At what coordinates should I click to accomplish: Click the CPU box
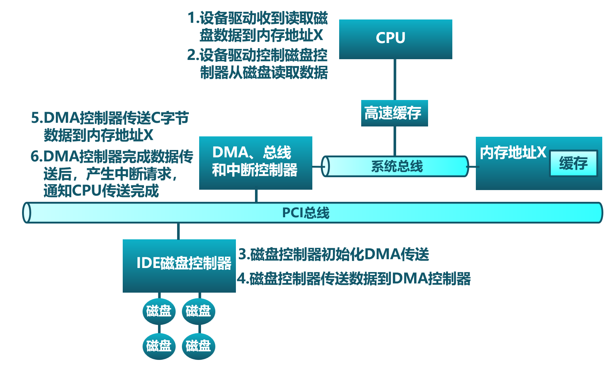tap(395, 39)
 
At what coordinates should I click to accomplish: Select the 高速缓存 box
tap(394, 113)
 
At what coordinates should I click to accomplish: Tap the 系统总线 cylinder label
tap(397, 167)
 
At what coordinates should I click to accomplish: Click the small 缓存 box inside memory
tap(573, 163)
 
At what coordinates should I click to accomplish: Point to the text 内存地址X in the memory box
tap(513, 153)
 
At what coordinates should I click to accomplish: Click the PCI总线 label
tap(305, 213)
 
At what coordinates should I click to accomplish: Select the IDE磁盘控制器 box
tap(179, 265)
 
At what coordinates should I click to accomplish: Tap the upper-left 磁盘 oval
tap(159, 311)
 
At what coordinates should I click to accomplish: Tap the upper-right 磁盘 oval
tap(198, 311)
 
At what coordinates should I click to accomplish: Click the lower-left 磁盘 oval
tap(159, 346)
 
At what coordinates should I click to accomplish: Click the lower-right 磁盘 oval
tap(198, 346)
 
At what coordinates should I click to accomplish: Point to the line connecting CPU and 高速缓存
tap(395, 79)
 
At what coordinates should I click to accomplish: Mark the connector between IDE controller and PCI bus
tap(179, 231)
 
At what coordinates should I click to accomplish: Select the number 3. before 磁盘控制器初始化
tap(243, 254)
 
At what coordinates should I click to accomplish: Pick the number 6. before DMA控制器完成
tap(36, 157)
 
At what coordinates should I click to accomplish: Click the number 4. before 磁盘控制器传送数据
tap(242, 278)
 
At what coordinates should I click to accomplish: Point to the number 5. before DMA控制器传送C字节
tap(36, 118)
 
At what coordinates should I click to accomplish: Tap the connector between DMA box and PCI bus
tap(256, 196)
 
